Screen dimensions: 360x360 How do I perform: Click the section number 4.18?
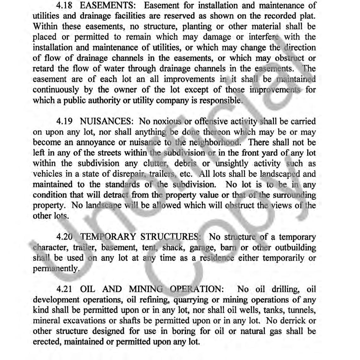point(65,6)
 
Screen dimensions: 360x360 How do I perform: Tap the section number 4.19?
point(65,121)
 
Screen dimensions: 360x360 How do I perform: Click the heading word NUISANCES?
point(107,121)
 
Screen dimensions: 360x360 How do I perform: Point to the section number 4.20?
point(65,237)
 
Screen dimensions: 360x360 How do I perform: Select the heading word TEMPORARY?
point(108,237)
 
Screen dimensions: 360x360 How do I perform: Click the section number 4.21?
point(65,289)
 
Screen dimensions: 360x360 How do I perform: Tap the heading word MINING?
point(146,289)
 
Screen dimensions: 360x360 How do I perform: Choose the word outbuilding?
point(295,248)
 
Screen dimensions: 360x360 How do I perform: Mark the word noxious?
point(165,121)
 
